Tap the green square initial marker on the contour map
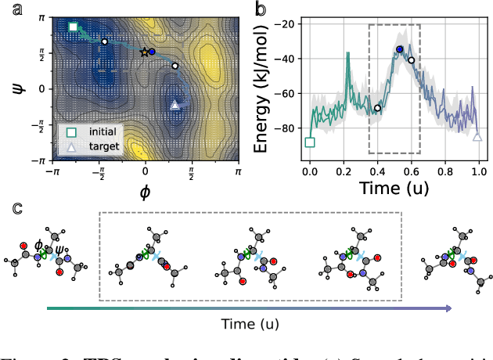coord(73,27)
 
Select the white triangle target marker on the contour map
coord(175,104)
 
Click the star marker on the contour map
coord(143,52)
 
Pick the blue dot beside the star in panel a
coord(152,52)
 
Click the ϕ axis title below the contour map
coord(145,190)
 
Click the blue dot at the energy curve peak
coord(400,49)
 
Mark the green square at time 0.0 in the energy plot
coord(310,142)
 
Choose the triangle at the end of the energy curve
coord(477,137)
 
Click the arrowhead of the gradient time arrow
coord(448,308)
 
